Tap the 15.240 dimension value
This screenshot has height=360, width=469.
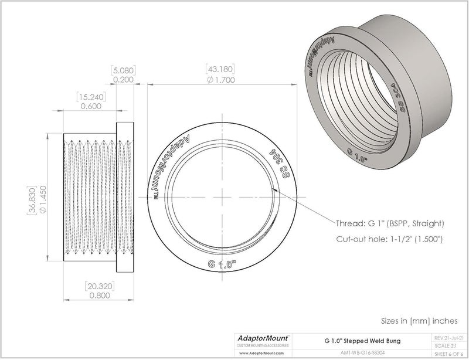tap(90, 96)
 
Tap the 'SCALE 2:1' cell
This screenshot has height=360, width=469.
tap(448, 346)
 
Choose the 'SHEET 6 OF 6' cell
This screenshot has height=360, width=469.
tap(448, 354)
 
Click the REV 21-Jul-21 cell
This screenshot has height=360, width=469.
tap(448, 338)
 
